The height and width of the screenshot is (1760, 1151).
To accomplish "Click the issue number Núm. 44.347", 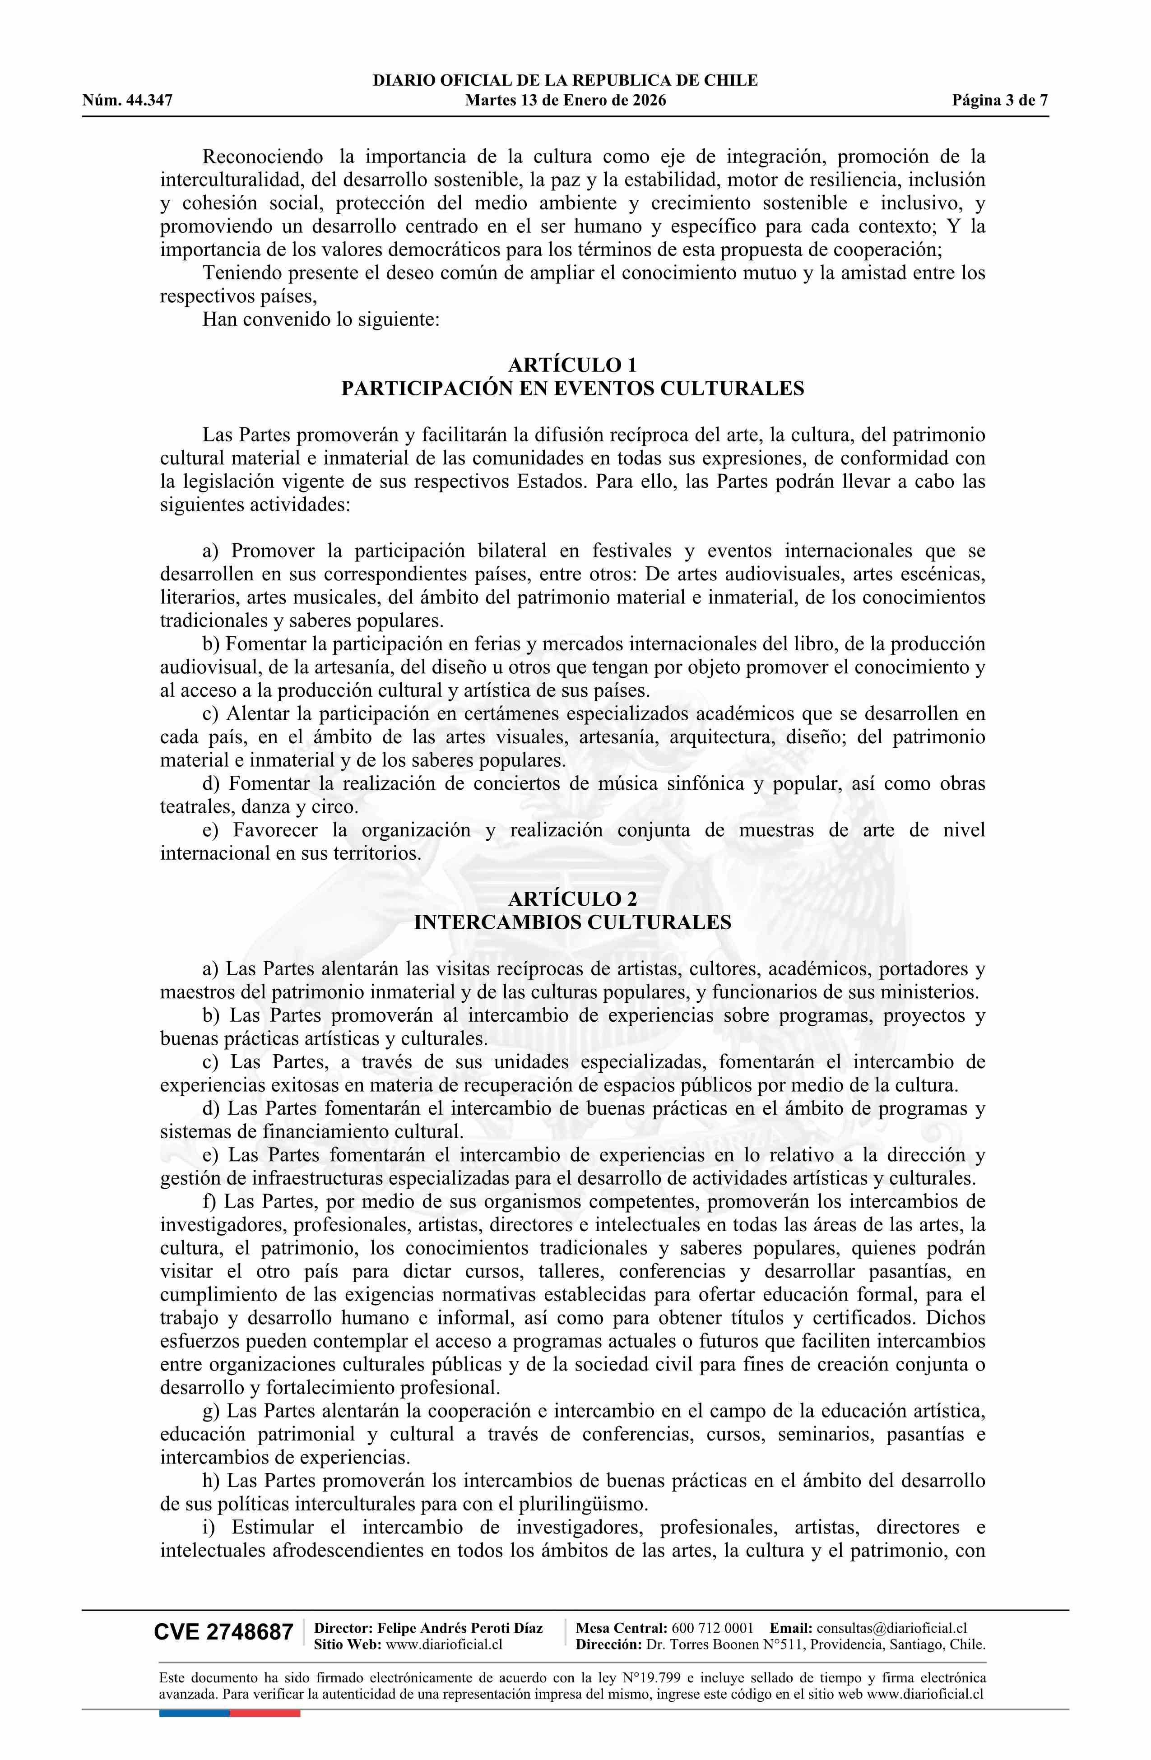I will pyautogui.click(x=127, y=101).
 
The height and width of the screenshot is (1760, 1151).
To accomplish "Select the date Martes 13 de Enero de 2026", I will pyautogui.click(x=565, y=101).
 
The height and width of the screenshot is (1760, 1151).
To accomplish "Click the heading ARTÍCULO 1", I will pyautogui.click(x=572, y=365).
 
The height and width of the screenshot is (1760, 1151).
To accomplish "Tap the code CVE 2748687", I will pyautogui.click(x=223, y=1632).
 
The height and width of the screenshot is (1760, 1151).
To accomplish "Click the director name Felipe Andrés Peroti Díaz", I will pyautogui.click(x=459, y=1628).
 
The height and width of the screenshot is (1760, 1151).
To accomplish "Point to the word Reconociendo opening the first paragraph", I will pyautogui.click(x=263, y=157).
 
